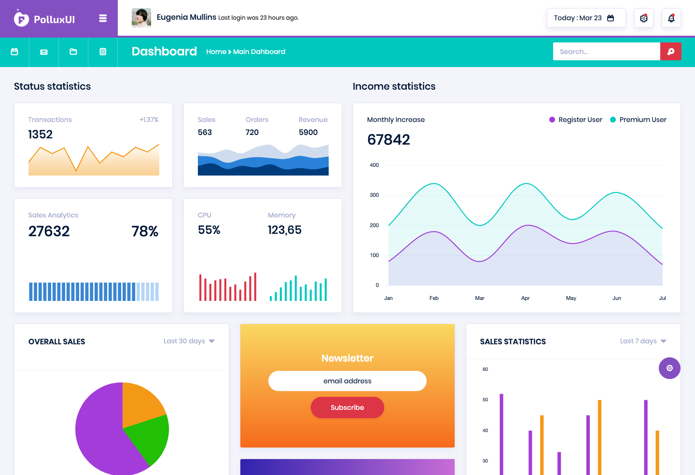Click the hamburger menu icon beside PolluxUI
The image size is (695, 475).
click(103, 18)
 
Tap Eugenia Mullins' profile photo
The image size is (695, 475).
click(141, 18)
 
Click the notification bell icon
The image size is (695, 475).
click(671, 18)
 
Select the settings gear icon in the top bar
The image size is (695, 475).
click(644, 18)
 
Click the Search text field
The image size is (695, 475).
click(606, 52)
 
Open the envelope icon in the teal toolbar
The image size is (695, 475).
click(44, 52)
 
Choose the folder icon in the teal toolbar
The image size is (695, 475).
click(73, 52)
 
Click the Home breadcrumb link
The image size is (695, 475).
click(216, 52)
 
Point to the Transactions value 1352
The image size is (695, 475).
click(41, 134)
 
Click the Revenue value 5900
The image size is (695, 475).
click(308, 133)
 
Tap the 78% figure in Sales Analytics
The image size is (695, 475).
click(145, 231)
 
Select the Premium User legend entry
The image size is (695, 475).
click(638, 120)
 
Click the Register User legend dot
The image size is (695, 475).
click(552, 120)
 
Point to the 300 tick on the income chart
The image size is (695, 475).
click(374, 195)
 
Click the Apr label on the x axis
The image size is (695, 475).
click(525, 298)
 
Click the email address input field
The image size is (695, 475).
click(347, 381)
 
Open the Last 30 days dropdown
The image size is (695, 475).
click(189, 341)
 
